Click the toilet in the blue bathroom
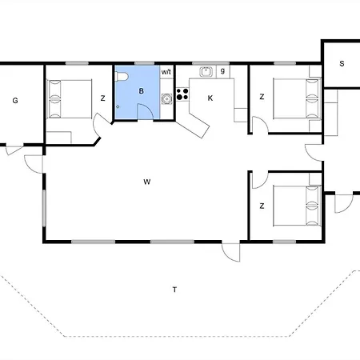coord(122,77)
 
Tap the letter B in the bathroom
coord(142,91)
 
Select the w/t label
coord(166,72)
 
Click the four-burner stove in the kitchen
coord(182,94)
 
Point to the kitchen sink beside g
coord(206,72)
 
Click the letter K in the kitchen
coord(210,98)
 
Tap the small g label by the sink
coord(222,71)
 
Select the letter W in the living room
coord(147,182)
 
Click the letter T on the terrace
coord(174,290)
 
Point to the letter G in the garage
coord(15,101)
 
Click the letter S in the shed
coord(342,64)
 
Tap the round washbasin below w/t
coord(166,98)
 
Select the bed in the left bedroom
coord(70,99)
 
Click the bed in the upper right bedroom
coord(297,98)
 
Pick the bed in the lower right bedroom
coord(297,206)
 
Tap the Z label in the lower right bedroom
coord(262,206)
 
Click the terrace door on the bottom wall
coord(231,252)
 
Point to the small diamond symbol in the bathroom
coord(118,107)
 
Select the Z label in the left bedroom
coord(103,98)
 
